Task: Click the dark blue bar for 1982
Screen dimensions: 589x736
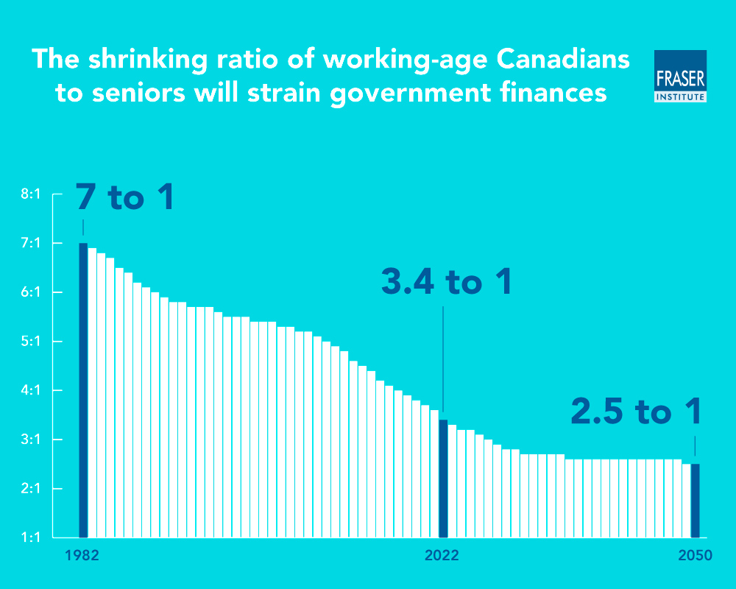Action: point(83,390)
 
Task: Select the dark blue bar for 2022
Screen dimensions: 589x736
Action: point(443,479)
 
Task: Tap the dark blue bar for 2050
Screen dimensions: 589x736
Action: point(695,501)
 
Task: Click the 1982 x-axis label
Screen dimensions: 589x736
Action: point(82,556)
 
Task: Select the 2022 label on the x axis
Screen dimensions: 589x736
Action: point(442,556)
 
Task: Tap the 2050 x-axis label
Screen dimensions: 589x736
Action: point(695,556)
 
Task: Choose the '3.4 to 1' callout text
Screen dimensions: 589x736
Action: point(446,283)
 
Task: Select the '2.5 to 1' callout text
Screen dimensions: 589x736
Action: point(636,412)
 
